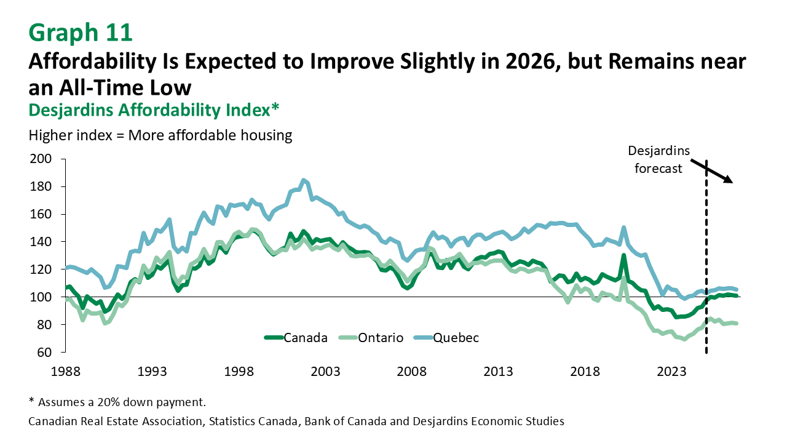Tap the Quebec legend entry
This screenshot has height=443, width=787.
(x=456, y=337)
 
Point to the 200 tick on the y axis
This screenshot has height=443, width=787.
(x=39, y=159)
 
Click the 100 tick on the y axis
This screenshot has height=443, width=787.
(x=39, y=297)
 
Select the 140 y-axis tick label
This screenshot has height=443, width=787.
(x=39, y=242)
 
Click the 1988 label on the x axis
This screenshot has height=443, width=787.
(x=66, y=372)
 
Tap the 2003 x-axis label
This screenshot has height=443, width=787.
(x=325, y=372)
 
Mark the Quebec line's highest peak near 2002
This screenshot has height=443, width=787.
(x=303, y=180)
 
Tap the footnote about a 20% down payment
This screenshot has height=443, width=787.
(x=117, y=402)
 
